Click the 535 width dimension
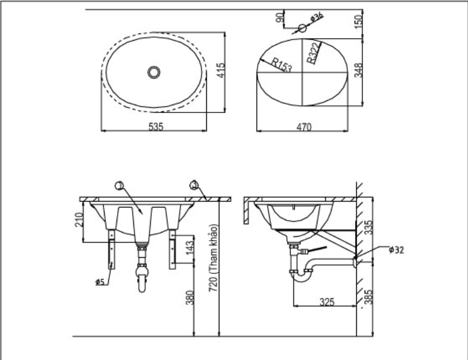coord(155,126)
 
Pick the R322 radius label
coord(313,52)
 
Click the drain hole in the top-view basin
coord(155,72)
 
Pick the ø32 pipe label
coord(396,250)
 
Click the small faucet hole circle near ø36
coord(302,28)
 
